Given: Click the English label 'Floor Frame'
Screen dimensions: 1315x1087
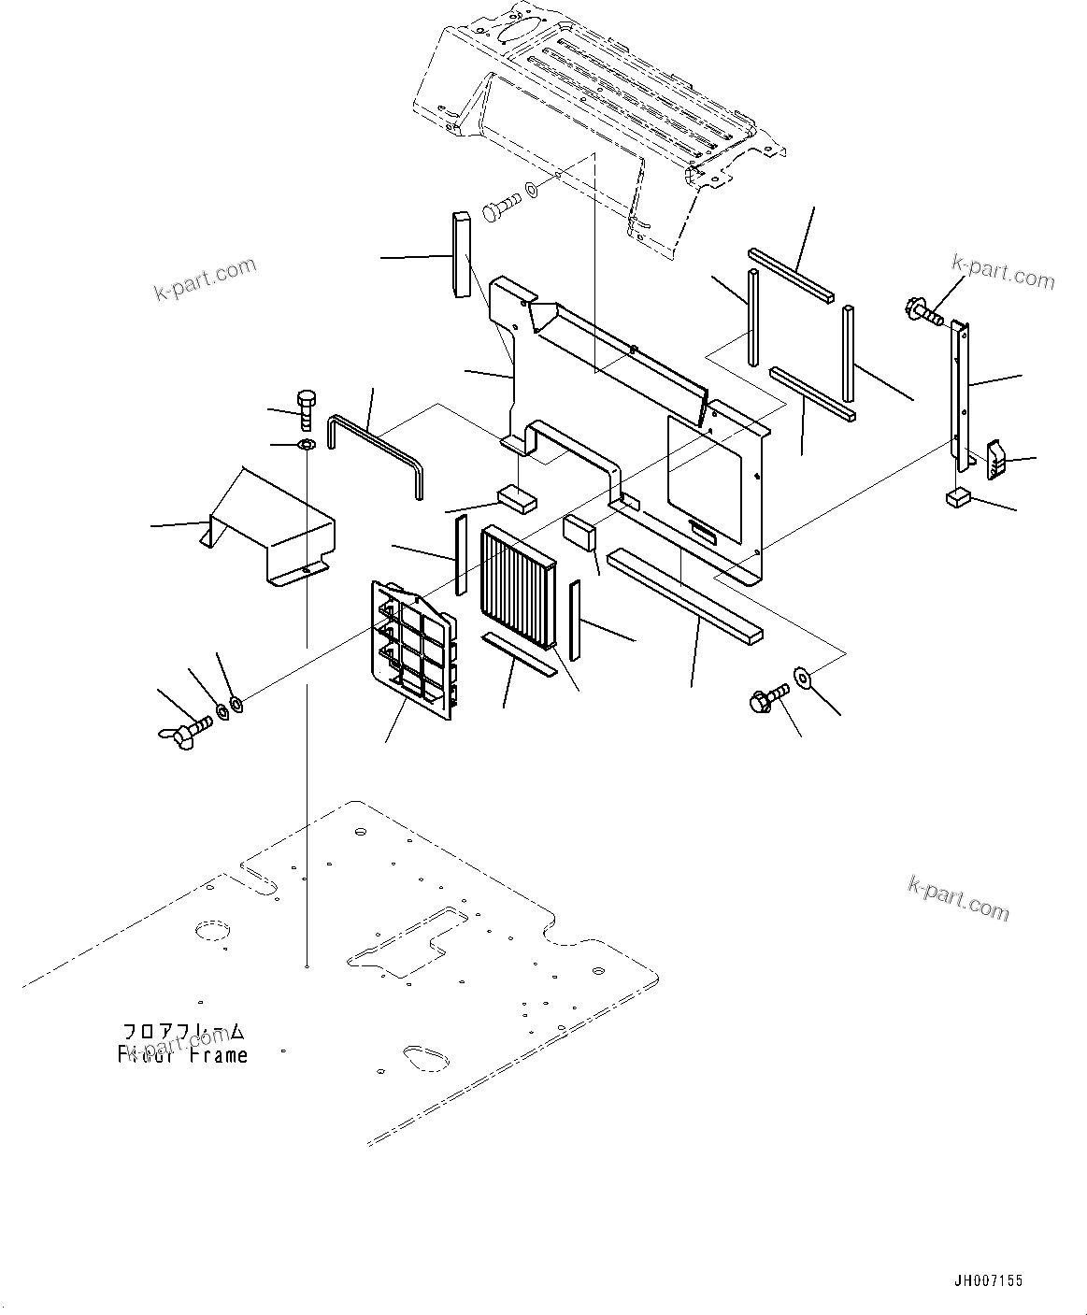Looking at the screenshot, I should [183, 1055].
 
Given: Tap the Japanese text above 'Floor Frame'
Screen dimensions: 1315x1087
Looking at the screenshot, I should [184, 1032].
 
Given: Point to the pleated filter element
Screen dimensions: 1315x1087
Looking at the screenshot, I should [519, 589].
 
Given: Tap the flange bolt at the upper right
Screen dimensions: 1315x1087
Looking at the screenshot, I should [923, 311].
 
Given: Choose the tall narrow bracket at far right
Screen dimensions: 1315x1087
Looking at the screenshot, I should [960, 397].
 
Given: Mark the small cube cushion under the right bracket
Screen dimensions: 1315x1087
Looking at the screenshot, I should [955, 497].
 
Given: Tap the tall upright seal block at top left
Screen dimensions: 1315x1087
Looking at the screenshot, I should [460, 255].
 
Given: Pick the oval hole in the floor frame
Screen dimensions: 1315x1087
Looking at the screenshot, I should [422, 1056].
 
